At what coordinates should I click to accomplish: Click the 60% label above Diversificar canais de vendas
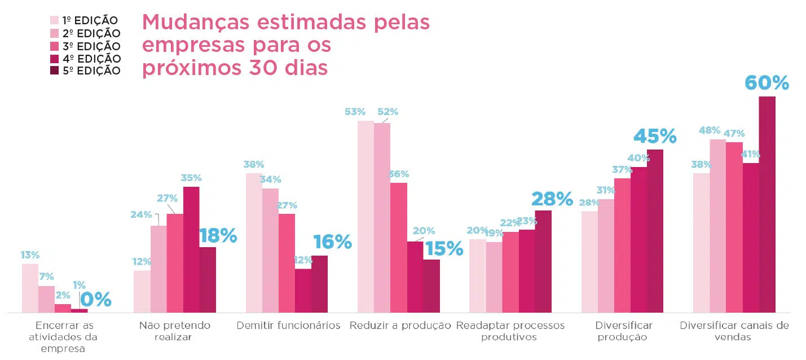[x=767, y=83]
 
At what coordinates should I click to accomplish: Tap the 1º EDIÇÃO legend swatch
[x=55, y=21]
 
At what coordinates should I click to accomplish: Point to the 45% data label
[x=655, y=137]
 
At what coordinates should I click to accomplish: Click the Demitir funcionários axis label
[x=288, y=326]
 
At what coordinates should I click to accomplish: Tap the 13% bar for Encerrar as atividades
[x=30, y=288]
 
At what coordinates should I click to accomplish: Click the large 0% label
[x=95, y=300]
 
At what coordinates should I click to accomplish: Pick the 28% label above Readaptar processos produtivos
[x=552, y=199]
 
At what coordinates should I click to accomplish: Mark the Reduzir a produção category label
[x=400, y=326]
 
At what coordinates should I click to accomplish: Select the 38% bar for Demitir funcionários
[x=254, y=243]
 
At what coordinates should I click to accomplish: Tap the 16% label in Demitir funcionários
[x=332, y=242]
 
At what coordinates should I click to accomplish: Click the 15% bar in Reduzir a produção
[x=431, y=286]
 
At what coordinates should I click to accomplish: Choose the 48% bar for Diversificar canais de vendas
[x=717, y=226]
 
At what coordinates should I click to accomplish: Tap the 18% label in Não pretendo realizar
[x=218, y=236]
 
